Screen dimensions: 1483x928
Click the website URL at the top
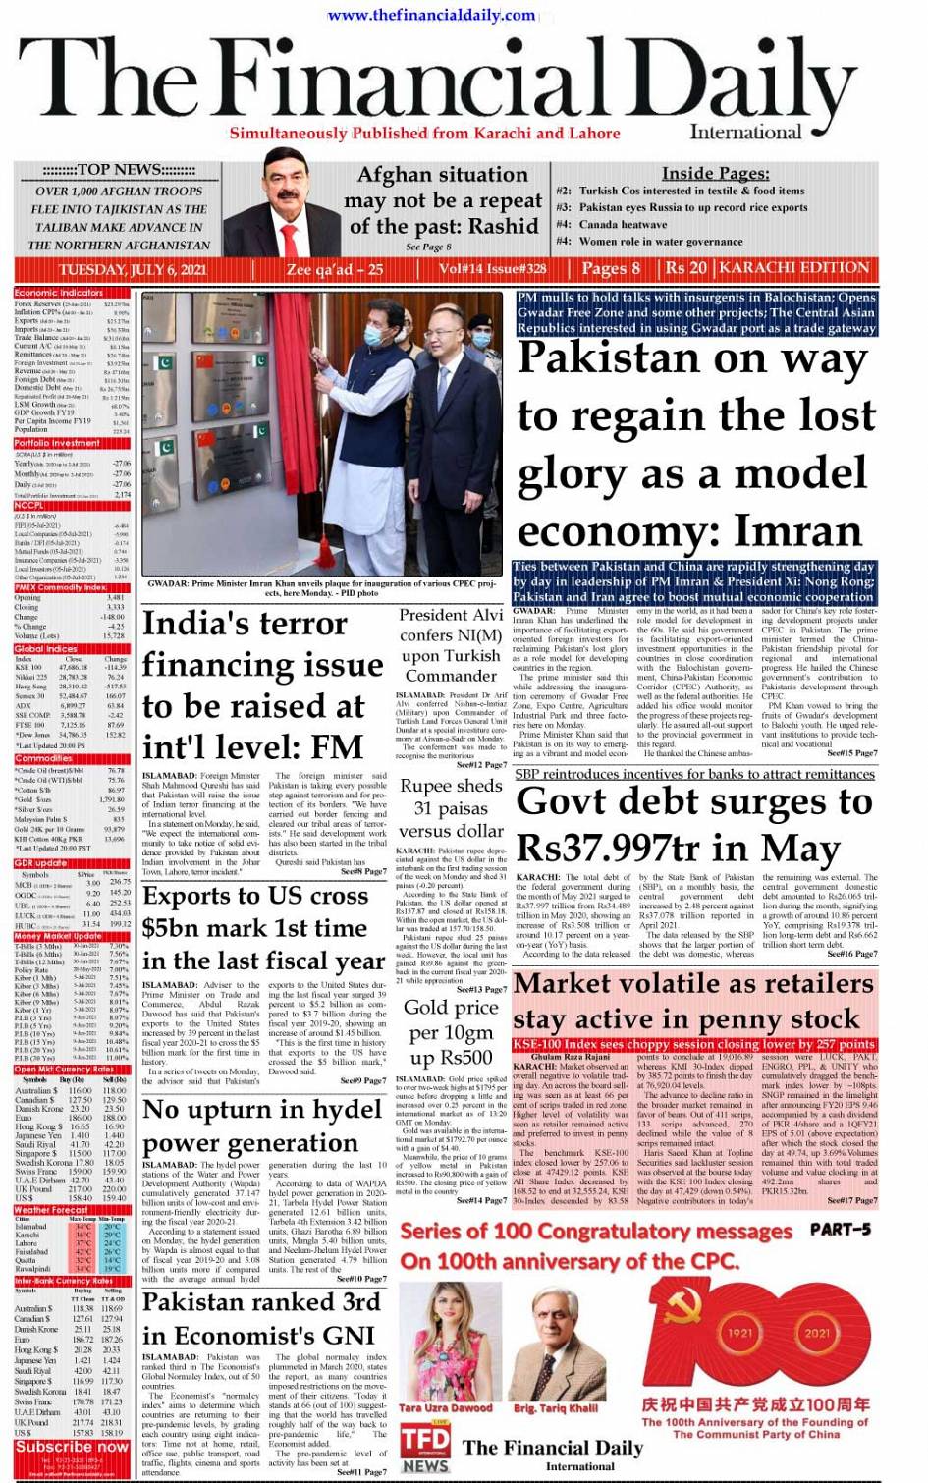[x=431, y=15]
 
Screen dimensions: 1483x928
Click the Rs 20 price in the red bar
[x=685, y=268]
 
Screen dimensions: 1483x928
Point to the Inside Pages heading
[x=714, y=173]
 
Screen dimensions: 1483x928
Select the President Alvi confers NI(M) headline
[x=451, y=645]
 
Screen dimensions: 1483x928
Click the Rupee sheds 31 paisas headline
[x=451, y=807]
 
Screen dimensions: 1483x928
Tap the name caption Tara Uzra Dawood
[x=445, y=1407]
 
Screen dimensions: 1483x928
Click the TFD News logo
[x=424, y=1448]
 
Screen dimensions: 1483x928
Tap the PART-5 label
[x=840, y=1229]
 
